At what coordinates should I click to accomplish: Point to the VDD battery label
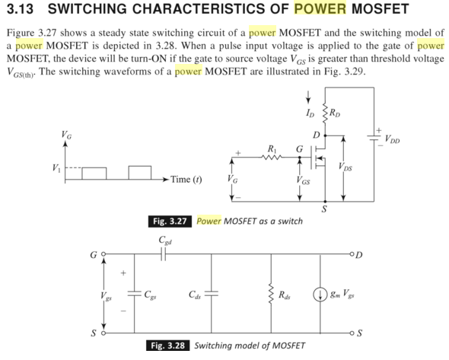pyautogui.click(x=393, y=139)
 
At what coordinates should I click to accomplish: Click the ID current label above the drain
pyautogui.click(x=310, y=115)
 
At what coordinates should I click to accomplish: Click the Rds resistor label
pyautogui.click(x=285, y=295)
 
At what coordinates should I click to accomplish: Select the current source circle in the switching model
pyautogui.click(x=317, y=294)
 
